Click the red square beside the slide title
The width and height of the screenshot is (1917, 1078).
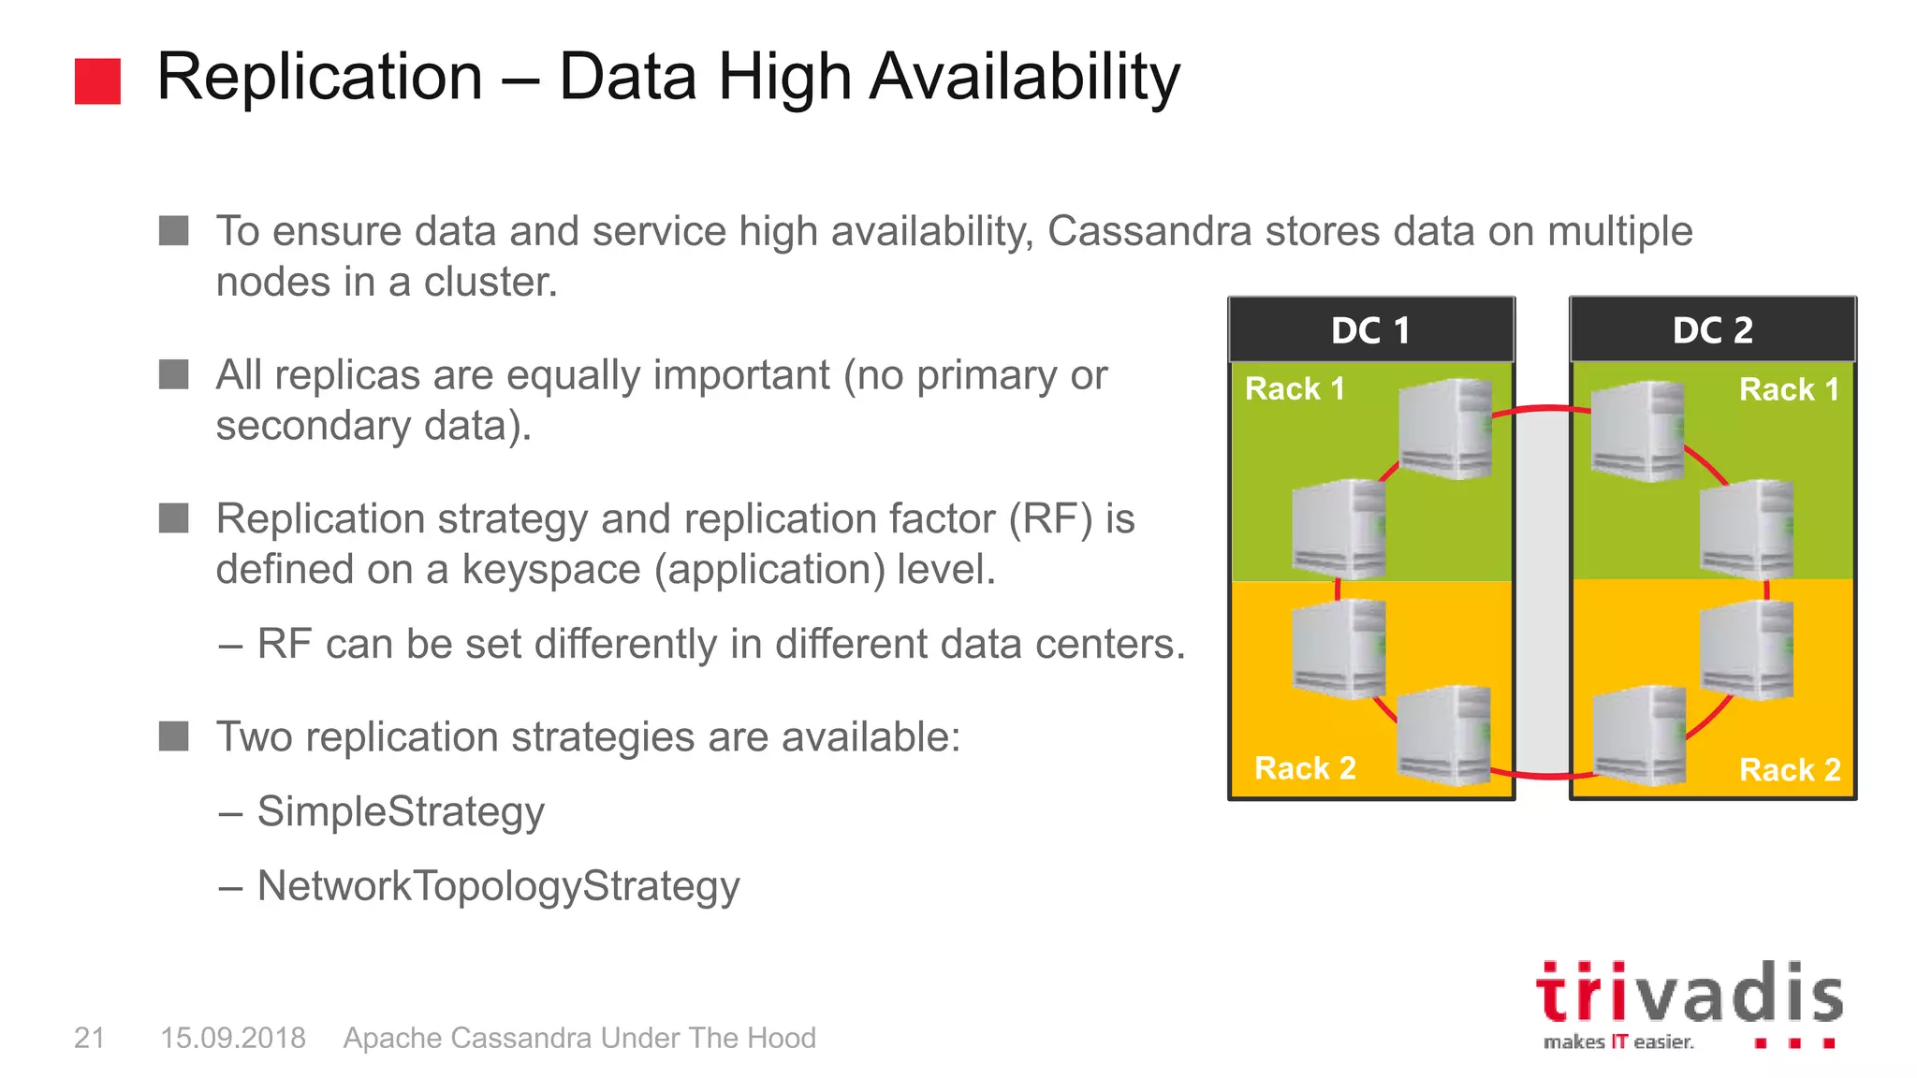pyautogui.click(x=97, y=81)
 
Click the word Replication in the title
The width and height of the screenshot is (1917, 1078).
pyautogui.click(x=319, y=77)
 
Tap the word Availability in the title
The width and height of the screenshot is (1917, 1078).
pyautogui.click(x=1024, y=79)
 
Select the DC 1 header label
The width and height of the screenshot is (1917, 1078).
pyautogui.click(x=1370, y=330)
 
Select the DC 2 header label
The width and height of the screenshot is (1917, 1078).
pyautogui.click(x=1712, y=330)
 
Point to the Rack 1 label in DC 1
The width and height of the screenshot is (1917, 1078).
pyautogui.click(x=1295, y=388)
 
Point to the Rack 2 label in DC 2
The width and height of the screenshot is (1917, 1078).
pyautogui.click(x=1789, y=769)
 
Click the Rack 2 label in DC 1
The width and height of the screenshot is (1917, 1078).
pyautogui.click(x=1305, y=768)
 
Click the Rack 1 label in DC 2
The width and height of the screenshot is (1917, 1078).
pyautogui.click(x=1789, y=389)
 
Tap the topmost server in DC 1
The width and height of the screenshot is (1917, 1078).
pyautogui.click(x=1444, y=429)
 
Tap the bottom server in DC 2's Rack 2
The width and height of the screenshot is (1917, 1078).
pyautogui.click(x=1638, y=736)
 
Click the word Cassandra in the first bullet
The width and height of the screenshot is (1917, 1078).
pyautogui.click(x=1149, y=231)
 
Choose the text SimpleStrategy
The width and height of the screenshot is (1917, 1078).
pyautogui.click(x=401, y=811)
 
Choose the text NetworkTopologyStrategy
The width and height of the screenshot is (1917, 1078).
pyautogui.click(x=498, y=886)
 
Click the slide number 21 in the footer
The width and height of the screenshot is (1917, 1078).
pyautogui.click(x=89, y=1038)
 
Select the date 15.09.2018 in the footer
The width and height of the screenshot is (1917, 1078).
pyautogui.click(x=233, y=1038)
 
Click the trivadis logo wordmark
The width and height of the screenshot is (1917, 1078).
pyautogui.click(x=1689, y=993)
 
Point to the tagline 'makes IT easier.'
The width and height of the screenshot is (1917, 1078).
pyautogui.click(x=1617, y=1042)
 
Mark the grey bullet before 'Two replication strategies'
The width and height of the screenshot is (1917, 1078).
pyautogui.click(x=174, y=736)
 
